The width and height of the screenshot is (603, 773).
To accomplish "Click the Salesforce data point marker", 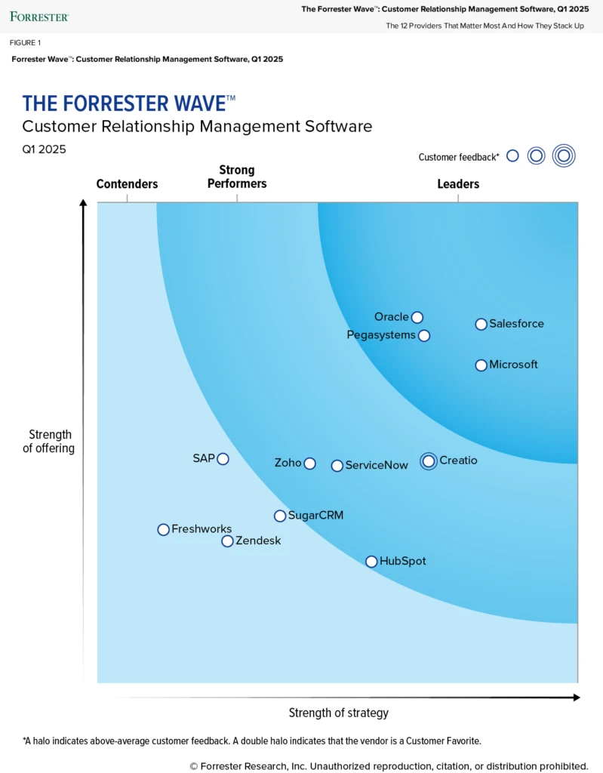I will pos(481,324).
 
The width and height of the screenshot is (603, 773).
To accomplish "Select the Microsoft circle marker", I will pos(481,365).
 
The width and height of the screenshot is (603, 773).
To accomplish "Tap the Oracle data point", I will pos(417,317).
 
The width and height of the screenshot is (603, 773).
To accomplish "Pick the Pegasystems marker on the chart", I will pos(424,335).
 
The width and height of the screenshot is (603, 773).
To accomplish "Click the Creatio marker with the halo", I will pos(429,460).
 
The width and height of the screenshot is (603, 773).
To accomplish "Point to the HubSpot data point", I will pos(371,562).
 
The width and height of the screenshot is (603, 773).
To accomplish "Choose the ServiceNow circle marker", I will pos(337,466).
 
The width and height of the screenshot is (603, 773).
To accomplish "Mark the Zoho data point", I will pos(309,463).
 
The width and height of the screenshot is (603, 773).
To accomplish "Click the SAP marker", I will pos(223,458).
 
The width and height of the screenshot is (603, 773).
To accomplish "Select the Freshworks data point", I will pos(163,530).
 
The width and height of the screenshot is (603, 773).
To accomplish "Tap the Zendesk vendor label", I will pos(258,540).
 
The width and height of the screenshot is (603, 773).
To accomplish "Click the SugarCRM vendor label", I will pos(315,516).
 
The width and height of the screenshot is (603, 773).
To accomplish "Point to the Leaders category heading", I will pos(458,184).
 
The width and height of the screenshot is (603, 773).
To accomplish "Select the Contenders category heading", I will pos(127,184).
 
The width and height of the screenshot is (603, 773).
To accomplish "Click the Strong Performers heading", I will pos(237,177).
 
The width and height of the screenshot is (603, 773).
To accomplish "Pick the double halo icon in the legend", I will pos(563,156).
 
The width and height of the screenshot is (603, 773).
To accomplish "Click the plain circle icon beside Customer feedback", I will pos(512,156).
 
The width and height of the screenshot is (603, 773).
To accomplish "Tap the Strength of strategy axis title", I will pos(338,713).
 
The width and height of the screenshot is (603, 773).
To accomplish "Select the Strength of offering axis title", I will pos(51,441).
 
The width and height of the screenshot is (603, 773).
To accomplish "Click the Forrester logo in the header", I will pos(39,16).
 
